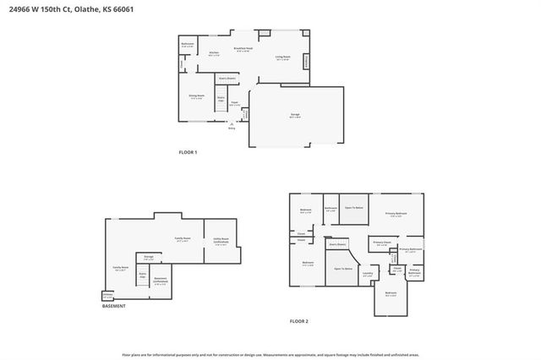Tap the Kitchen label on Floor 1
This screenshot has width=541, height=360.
(x=214, y=53)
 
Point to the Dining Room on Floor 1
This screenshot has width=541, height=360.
(x=196, y=96)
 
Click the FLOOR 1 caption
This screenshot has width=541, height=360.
(x=188, y=152)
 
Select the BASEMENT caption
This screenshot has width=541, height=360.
(x=115, y=306)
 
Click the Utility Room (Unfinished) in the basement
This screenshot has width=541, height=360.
(x=222, y=241)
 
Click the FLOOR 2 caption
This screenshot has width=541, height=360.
(x=299, y=322)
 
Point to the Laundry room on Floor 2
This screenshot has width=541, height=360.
(x=368, y=274)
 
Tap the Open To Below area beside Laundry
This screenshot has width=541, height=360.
(x=342, y=269)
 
